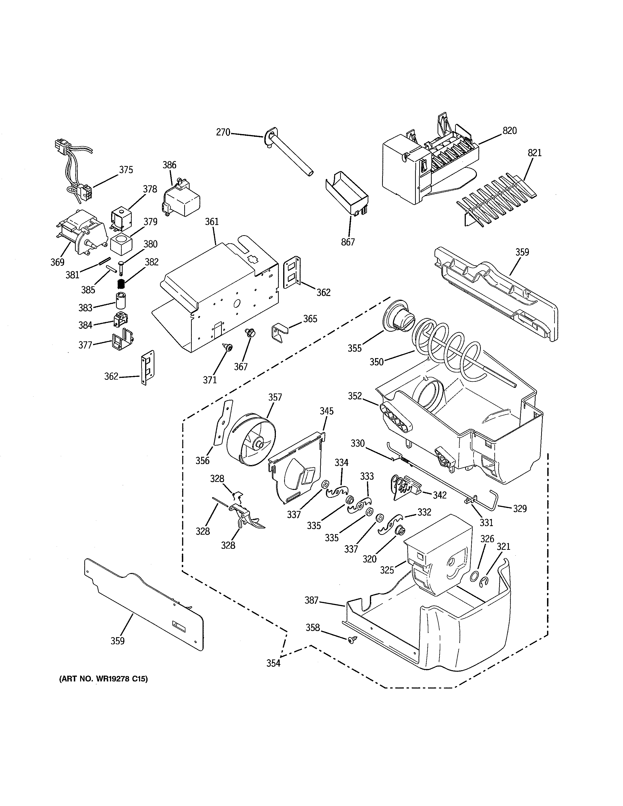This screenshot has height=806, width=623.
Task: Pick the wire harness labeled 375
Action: click(x=76, y=170)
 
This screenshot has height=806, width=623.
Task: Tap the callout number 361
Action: click(x=212, y=222)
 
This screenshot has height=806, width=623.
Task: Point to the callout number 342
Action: click(x=440, y=495)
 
